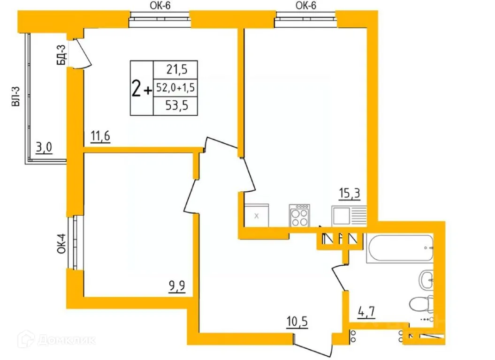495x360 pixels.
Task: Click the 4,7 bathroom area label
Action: (366, 311)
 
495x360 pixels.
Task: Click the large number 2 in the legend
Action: (137, 88)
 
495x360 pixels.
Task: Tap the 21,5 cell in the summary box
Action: (176, 70)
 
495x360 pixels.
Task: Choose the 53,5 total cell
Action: (176, 105)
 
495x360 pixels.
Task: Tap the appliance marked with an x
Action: (256, 216)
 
